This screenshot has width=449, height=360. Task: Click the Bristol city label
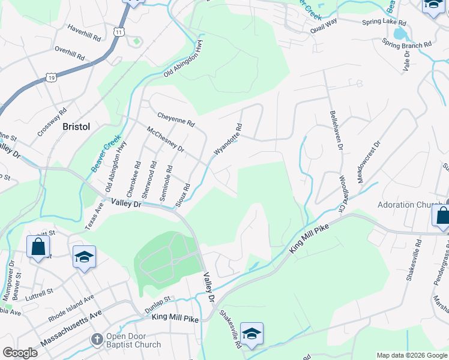tap(76, 127)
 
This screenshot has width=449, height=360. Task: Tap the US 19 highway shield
tap(50, 77)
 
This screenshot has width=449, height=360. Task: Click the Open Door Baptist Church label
tap(133, 340)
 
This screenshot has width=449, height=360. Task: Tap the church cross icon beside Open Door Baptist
tap(97, 340)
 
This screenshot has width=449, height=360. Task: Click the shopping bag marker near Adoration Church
tap(442, 215)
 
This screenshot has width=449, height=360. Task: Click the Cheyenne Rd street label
tap(176, 119)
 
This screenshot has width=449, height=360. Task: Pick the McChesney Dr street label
tap(166, 139)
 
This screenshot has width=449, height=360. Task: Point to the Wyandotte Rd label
tap(228, 142)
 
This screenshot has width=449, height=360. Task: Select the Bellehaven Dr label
tap(335, 130)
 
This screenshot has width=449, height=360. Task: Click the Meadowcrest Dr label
tap(369, 162)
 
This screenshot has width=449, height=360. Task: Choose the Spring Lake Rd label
tap(385, 22)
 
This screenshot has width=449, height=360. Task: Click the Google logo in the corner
tap(20, 353)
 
